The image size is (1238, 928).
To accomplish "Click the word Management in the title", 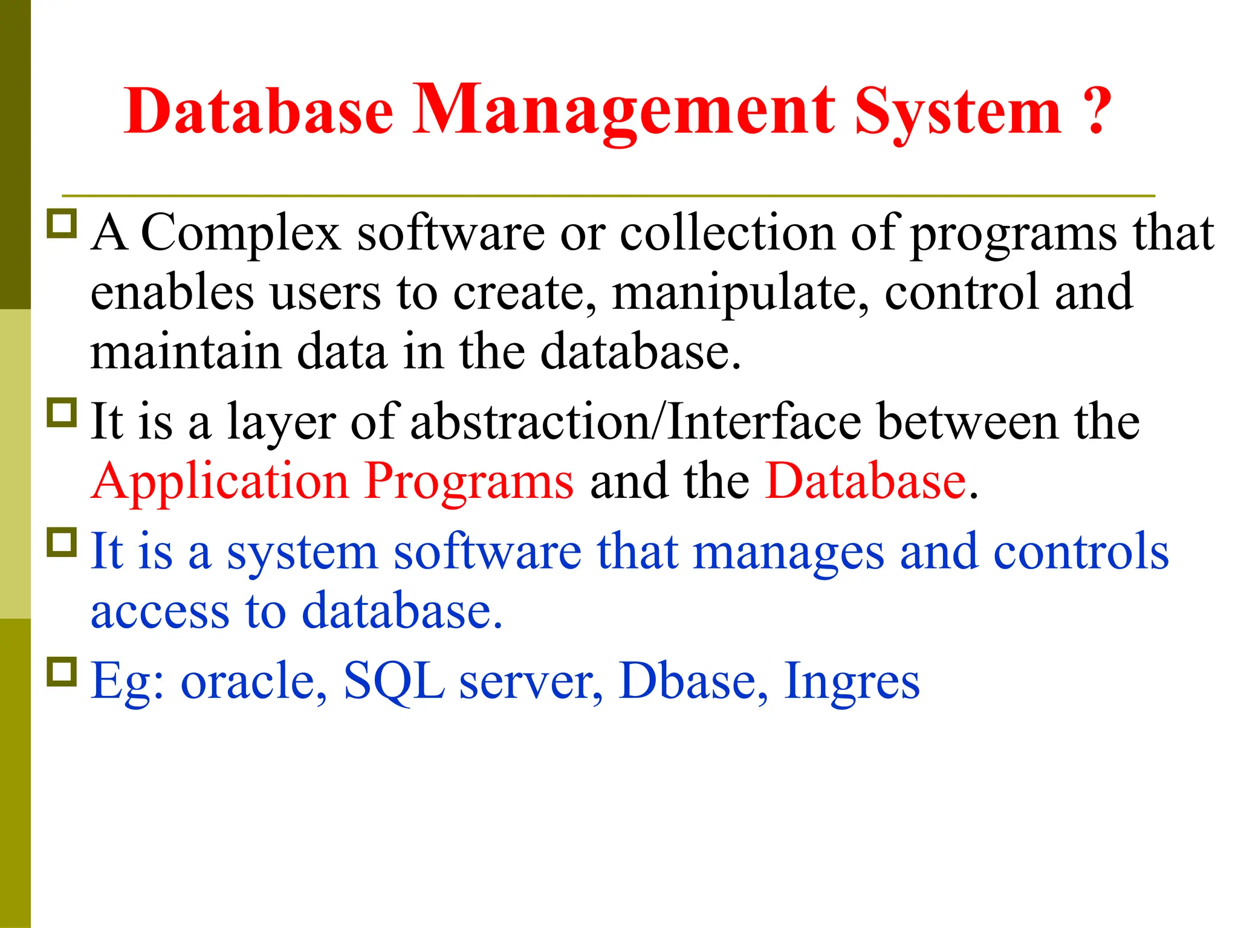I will [624, 110].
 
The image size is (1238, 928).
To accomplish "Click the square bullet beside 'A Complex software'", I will [62, 224].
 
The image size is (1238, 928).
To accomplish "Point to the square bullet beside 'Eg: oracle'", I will [62, 671].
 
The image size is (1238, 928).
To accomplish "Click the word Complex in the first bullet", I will [240, 234].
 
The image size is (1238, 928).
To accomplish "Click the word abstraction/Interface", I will [636, 422].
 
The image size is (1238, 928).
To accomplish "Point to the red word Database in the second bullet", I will [866, 481].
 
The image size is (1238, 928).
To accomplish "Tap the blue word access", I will [160, 611].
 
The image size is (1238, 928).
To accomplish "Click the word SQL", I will [394, 681].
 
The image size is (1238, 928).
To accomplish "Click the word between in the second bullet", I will [967, 422].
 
